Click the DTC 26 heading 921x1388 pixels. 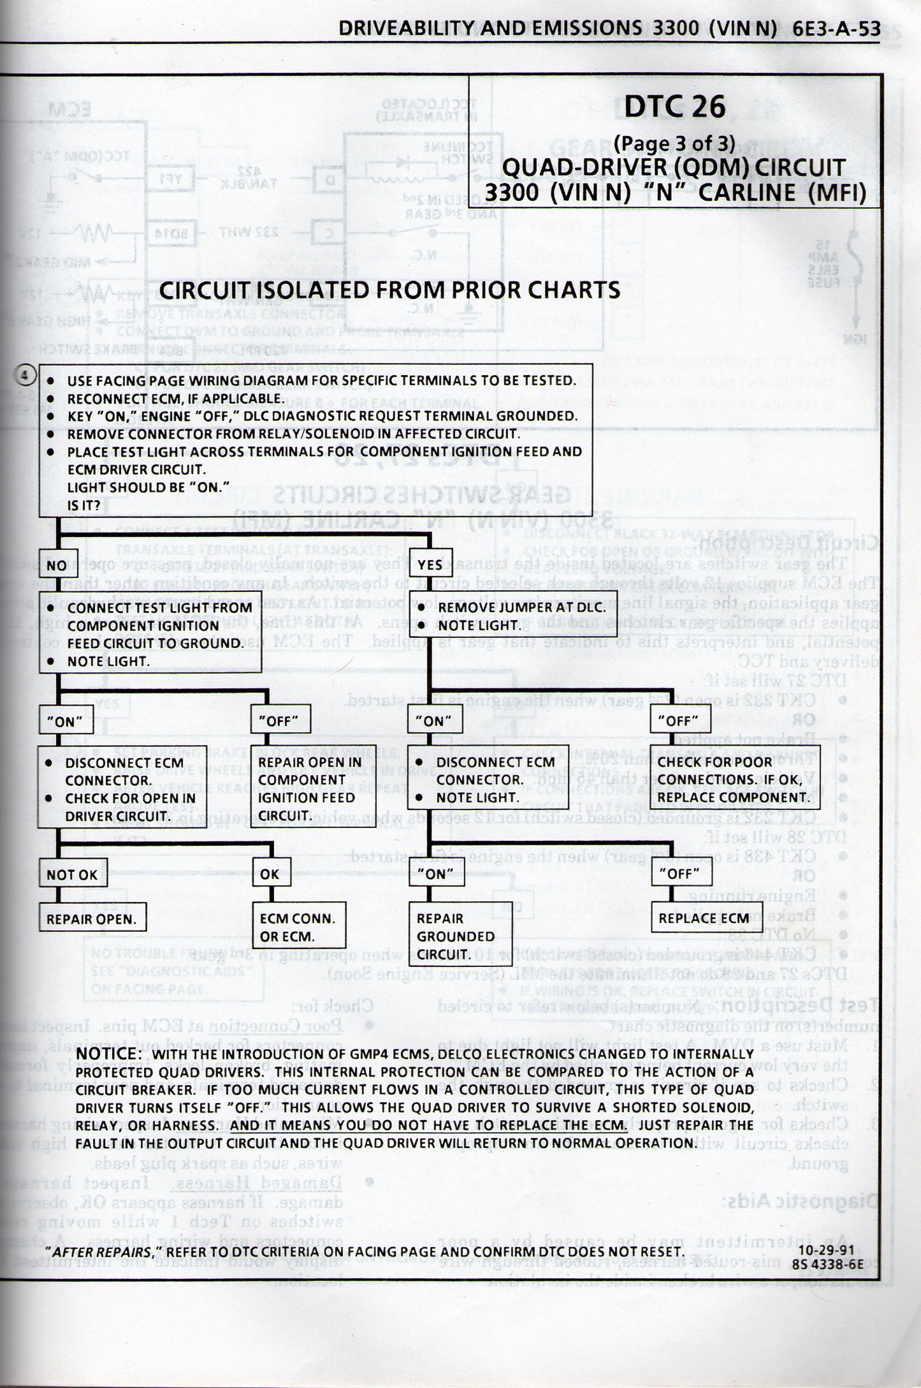[674, 107]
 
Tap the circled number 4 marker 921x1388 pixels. [24, 376]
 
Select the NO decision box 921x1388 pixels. [58, 565]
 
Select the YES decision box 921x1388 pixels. [431, 565]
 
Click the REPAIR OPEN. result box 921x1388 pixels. [91, 919]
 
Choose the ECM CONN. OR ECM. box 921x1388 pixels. [300, 927]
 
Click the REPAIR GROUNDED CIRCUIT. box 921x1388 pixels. [460, 936]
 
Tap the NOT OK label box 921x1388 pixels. [72, 875]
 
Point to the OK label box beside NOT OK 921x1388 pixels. [270, 875]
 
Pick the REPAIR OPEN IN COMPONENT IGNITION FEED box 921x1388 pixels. [310, 788]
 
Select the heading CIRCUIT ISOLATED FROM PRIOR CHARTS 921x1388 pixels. [389, 290]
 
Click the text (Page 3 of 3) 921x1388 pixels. [674, 144]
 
